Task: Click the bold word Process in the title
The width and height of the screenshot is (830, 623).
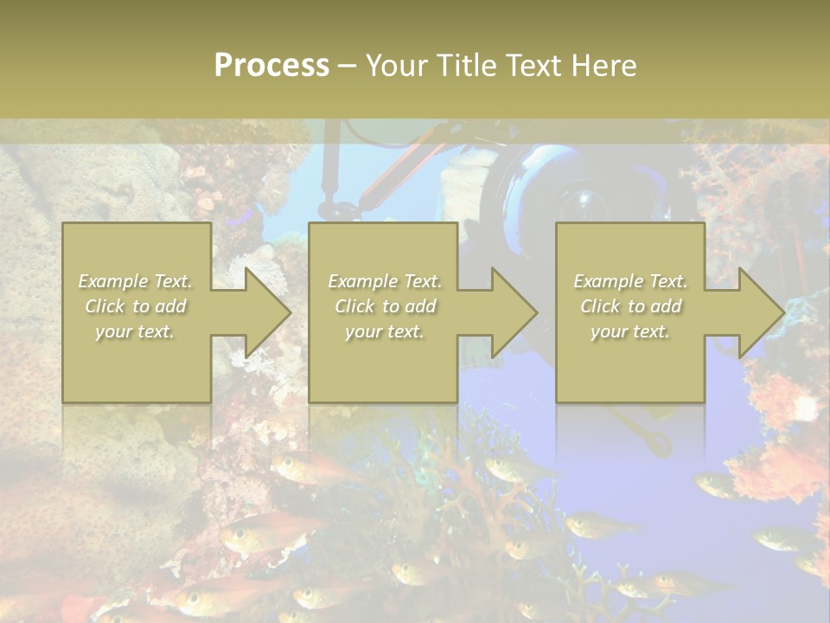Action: point(271,66)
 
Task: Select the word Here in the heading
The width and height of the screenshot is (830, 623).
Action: point(604,66)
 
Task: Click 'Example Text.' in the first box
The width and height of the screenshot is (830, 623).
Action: point(136,281)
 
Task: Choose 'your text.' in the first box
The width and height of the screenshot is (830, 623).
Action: point(136,331)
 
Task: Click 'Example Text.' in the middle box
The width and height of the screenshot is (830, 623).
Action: point(385,281)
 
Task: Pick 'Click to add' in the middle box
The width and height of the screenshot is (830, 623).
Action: point(385,306)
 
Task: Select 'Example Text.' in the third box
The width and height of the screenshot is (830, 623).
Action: point(630,281)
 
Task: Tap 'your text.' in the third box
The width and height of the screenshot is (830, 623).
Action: point(630,331)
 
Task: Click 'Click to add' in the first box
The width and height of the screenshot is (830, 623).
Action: point(136,306)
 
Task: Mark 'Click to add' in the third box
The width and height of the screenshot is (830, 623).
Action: point(630,306)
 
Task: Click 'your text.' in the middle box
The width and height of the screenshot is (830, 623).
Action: point(385,331)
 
